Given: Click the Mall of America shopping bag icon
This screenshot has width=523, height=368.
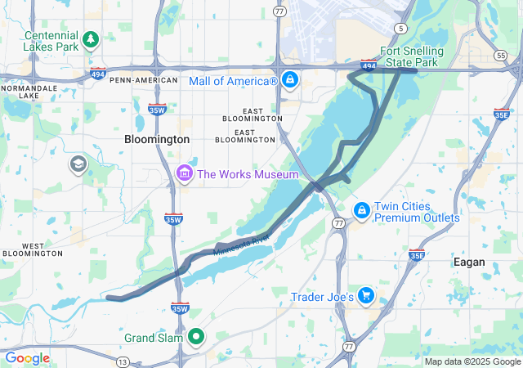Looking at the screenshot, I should pos(289,80).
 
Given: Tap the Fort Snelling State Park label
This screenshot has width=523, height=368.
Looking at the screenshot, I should pos(411,56).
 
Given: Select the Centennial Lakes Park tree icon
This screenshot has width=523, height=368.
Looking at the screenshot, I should pos(91,38).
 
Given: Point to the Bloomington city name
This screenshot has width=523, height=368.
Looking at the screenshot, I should pos(157,140).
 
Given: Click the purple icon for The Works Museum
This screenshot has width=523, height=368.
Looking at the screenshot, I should pos(184,173).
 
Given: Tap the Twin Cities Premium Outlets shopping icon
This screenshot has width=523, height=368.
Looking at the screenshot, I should pos(360,211).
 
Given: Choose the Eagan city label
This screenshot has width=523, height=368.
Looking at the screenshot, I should pos(469,263).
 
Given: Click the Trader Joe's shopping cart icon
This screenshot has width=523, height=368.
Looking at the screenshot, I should pos(365,296).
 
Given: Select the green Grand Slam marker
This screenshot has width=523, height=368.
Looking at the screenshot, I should pos(196,336).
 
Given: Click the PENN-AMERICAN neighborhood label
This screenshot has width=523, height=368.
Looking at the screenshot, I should pos(144,80).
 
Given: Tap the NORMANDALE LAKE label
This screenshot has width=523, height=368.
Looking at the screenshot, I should pos(30,92).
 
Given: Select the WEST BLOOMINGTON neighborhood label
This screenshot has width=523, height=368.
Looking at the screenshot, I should pos(33,249).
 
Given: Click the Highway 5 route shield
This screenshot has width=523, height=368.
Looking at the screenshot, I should pos(400,29).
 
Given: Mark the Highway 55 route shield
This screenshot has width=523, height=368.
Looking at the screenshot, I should pos(499,54).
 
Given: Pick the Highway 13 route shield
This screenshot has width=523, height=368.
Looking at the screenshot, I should pos(122,361).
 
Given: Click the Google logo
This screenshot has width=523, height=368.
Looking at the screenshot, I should pos(27,358).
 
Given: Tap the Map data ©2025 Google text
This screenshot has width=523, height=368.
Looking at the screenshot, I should pos(472,361).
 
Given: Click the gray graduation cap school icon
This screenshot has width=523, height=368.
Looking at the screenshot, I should pos(78,164).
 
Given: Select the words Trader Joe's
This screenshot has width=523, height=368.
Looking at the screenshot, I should pos(322,297).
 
